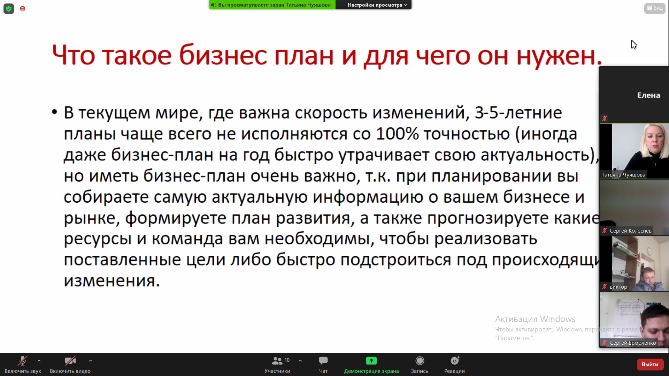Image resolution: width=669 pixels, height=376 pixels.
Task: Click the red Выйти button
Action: click(650, 364)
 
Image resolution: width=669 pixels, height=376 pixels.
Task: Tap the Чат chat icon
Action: click(323, 360)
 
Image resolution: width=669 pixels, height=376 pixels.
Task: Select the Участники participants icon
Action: click(277, 360)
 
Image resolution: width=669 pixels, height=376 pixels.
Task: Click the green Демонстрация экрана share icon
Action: click(371, 360)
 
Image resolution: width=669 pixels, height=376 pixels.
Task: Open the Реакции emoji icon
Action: click(455, 360)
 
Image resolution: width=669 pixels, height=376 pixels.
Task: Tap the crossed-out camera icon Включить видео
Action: click(70, 360)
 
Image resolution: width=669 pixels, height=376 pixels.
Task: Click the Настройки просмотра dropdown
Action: click(377, 5)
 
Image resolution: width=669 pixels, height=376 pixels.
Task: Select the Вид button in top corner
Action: click(655, 8)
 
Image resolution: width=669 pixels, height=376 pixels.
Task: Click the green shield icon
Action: click(9, 9)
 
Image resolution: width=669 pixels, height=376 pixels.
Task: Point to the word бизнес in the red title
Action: click(223, 55)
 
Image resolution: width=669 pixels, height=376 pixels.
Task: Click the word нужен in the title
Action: click(555, 56)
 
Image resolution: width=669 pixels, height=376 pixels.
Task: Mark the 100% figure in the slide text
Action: click(397, 134)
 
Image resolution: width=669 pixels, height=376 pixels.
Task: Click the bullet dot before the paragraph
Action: click(54, 112)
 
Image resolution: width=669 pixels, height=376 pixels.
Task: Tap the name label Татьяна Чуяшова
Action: click(623, 175)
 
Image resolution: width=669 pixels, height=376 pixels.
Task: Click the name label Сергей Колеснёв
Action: click(630, 231)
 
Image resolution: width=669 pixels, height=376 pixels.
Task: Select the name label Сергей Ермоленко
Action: click(633, 343)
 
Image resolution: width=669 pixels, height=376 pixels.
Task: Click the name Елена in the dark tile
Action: click(648, 95)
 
